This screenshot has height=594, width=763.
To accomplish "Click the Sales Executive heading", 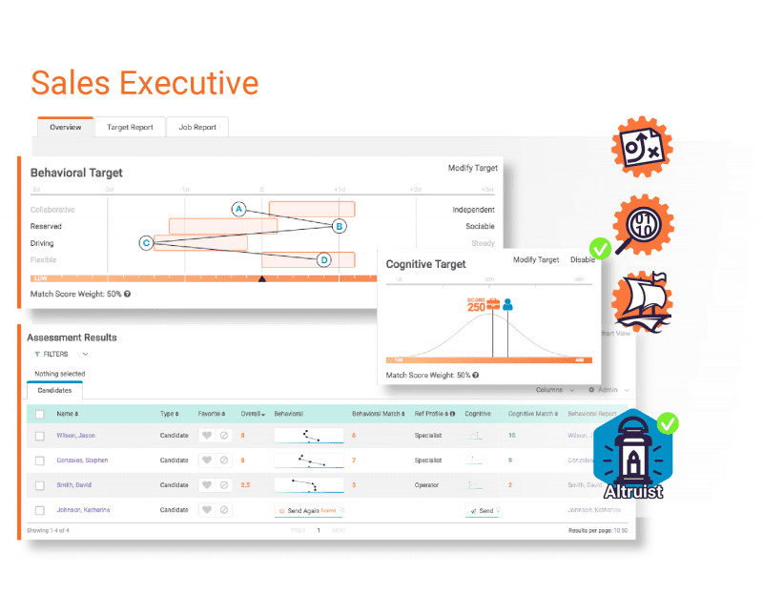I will (x=144, y=83).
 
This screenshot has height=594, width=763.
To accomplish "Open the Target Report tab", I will (x=130, y=127).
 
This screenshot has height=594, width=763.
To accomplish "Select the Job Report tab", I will (x=197, y=127).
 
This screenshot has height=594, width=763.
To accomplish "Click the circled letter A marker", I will (x=239, y=209).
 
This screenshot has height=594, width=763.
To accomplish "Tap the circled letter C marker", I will (x=146, y=242).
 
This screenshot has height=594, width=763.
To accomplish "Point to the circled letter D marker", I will (x=323, y=259).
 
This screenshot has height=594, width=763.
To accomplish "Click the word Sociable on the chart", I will (x=480, y=226).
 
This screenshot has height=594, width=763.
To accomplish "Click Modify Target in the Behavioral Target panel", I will (x=472, y=168).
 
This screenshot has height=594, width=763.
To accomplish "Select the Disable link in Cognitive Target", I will (x=582, y=259).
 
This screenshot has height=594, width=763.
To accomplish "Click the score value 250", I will (x=477, y=306).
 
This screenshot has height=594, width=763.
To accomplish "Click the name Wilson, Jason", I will (x=75, y=435).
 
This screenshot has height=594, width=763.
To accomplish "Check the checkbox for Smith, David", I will (x=40, y=484).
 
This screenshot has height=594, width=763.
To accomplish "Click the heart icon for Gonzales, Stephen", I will (x=205, y=460).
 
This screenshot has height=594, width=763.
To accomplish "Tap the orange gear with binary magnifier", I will (x=640, y=226).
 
